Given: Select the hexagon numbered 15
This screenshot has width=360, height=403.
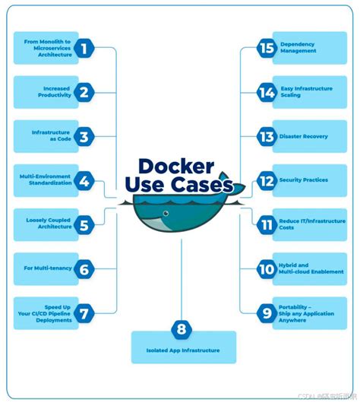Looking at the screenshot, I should [266, 48].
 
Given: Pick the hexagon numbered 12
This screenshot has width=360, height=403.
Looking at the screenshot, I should [266, 180].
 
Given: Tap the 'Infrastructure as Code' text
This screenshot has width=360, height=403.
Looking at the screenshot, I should [52, 136].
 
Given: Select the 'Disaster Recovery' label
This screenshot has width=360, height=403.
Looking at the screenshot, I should [304, 137].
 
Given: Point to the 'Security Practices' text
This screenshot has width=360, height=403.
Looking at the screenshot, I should [304, 180].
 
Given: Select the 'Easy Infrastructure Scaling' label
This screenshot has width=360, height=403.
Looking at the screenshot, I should [308, 92].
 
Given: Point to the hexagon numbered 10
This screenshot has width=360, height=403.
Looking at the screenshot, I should [266, 268].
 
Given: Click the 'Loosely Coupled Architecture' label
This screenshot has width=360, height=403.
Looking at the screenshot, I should [49, 223].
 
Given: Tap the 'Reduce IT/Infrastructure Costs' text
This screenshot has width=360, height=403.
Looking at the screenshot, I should [308, 224].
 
